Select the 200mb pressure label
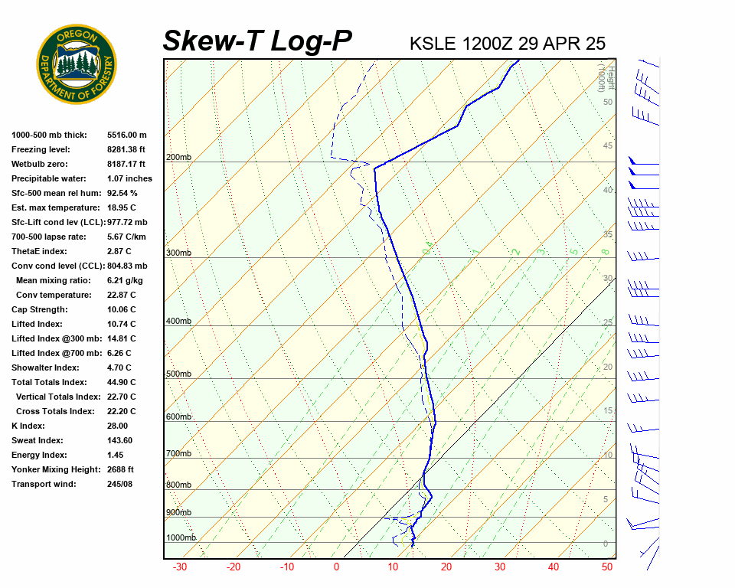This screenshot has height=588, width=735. [178, 158]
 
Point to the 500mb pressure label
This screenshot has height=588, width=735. [178, 374]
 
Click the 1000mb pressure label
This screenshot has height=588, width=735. [181, 537]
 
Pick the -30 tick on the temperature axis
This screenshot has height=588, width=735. [180, 567]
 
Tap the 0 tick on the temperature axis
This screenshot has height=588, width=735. [336, 567]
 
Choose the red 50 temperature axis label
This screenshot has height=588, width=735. [607, 567]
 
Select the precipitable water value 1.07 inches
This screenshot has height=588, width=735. [129, 178]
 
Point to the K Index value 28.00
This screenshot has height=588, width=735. [117, 426]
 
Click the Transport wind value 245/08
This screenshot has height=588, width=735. [119, 484]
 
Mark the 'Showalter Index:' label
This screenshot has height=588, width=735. [44, 367]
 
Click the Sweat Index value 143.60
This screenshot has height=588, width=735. [119, 440]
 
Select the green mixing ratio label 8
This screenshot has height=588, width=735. [604, 251]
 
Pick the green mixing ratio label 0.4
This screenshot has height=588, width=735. [428, 247]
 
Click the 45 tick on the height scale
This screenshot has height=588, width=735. [608, 145]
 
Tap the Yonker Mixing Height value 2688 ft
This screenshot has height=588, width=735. [121, 469]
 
